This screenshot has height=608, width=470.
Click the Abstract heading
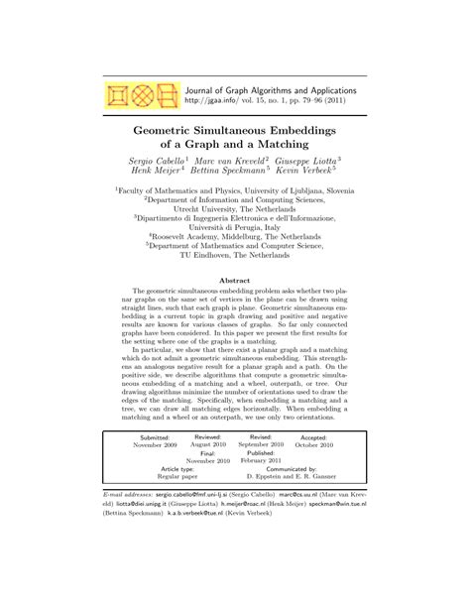(x=235, y=283)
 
